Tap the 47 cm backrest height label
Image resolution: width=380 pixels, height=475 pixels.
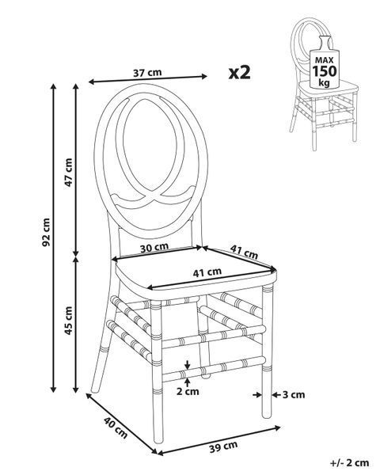tap(69, 173)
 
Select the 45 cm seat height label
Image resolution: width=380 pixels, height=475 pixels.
tap(69, 321)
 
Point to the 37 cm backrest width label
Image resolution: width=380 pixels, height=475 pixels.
tap(147, 73)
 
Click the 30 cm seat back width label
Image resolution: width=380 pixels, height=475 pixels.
tap(154, 248)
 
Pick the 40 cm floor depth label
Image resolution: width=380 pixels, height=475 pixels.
tap(116, 427)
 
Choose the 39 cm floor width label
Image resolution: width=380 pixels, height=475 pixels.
tap(223, 446)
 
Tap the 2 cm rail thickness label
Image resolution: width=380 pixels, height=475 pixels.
tap(188, 392)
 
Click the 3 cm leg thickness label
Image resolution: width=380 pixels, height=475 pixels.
tap(294, 395)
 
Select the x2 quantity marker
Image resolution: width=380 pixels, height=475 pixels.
tap(239, 73)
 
